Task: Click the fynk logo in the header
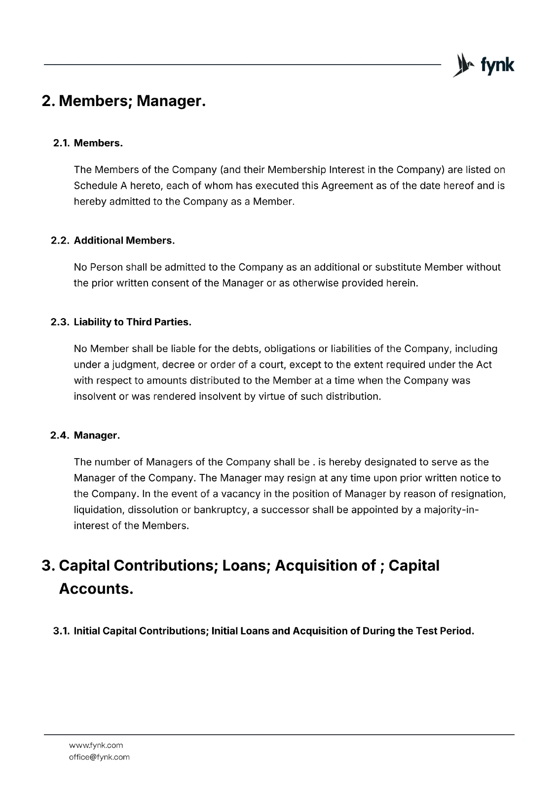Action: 484,65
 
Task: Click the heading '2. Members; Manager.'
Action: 123,101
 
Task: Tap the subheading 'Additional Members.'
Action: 124,240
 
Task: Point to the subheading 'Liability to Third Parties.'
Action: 132,322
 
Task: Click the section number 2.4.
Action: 61,435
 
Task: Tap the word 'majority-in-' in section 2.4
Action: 447,509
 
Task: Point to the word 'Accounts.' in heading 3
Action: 96,588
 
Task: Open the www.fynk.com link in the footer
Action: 96,745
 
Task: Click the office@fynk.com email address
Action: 99,757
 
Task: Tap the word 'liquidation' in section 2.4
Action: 98,509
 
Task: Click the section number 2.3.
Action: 61,322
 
